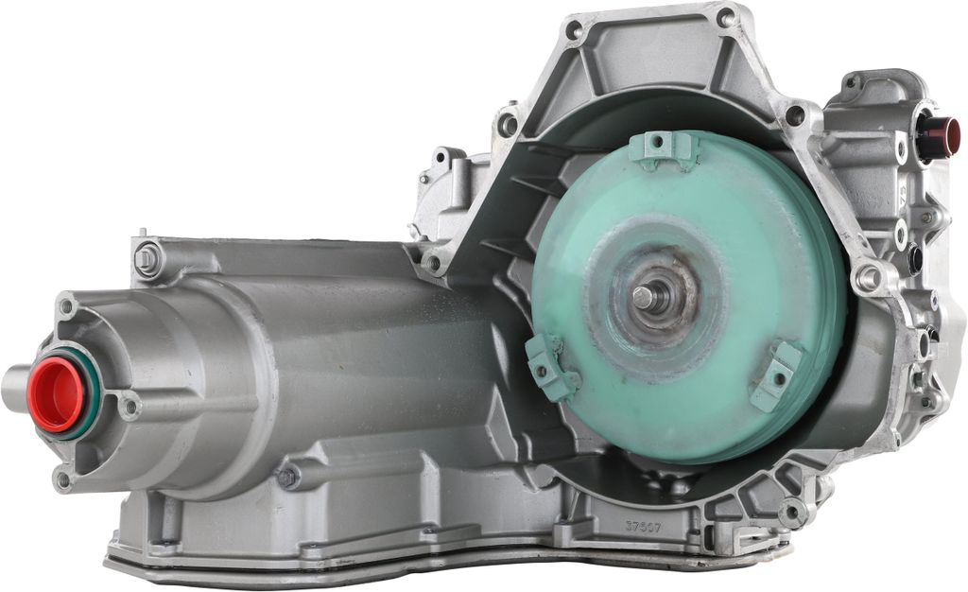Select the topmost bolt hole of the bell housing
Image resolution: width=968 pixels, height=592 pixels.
[x=725, y=18]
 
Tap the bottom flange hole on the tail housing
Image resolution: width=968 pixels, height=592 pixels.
[x=63, y=480]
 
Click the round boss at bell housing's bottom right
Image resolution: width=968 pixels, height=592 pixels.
[x=792, y=514]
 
